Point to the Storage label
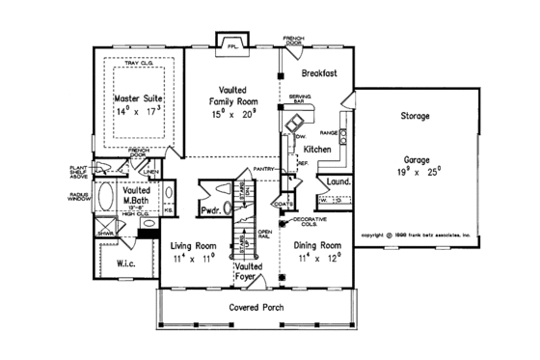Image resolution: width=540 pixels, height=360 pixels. coord(415,117)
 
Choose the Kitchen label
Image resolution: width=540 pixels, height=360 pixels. coord(319,151)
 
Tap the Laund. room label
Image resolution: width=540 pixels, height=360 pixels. coord(337,180)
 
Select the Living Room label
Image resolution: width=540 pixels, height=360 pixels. coord(191,246)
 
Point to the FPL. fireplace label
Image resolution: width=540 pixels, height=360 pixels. coord(231,45)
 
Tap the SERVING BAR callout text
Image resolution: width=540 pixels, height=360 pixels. coord(299,98)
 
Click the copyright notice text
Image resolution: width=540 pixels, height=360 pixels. coord(415,235)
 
